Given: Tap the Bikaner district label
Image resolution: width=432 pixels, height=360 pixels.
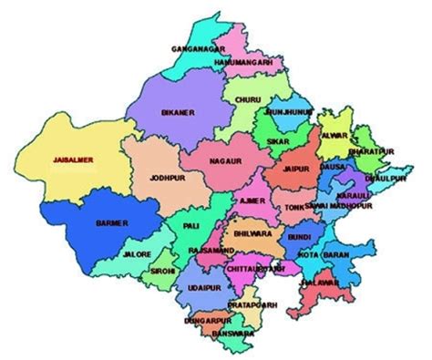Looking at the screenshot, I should [x=176, y=112].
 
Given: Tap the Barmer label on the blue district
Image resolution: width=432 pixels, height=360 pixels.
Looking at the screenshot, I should [x=112, y=221].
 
